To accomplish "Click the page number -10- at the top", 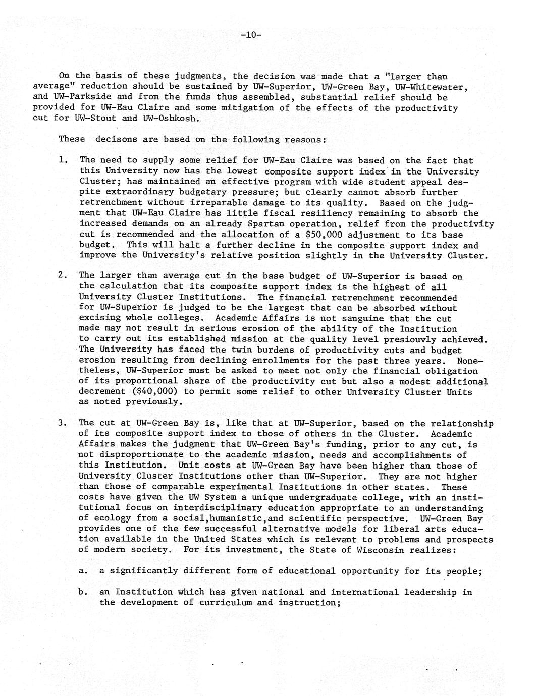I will click(250, 35).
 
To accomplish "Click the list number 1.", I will click(63, 160).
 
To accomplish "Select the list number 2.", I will click(63, 275).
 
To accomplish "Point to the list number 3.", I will click(63, 423).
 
